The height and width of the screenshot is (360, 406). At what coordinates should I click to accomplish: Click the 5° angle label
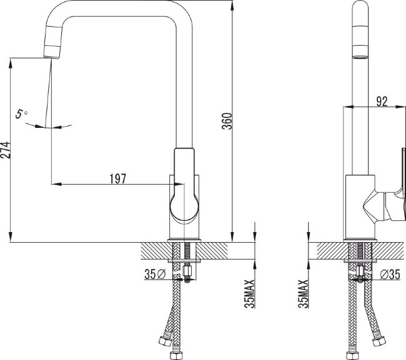pyautogui.click(x=22, y=114)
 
